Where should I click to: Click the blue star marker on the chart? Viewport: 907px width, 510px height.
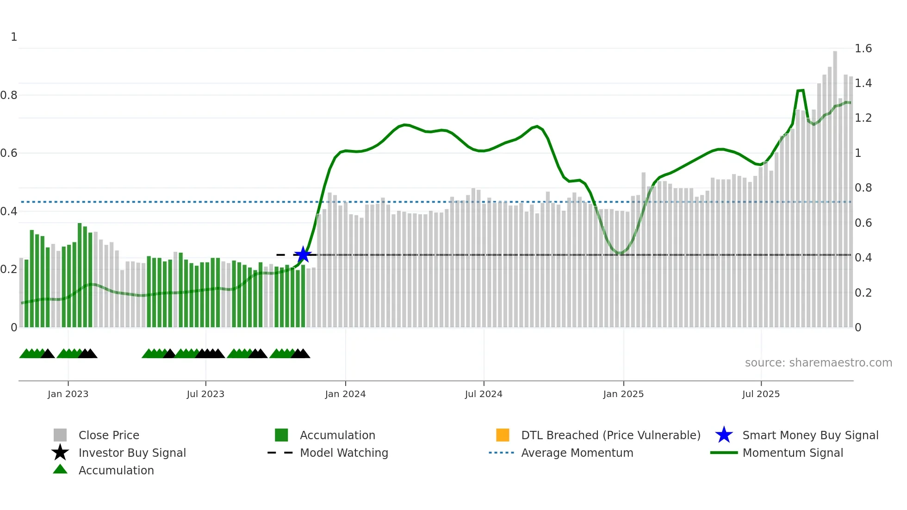[x=303, y=254]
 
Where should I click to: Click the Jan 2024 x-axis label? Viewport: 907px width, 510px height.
[x=345, y=394]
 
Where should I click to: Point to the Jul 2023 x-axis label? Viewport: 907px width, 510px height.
[x=205, y=394]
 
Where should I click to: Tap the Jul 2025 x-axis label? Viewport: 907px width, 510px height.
[x=761, y=394]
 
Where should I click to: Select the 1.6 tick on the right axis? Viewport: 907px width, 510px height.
[x=863, y=49]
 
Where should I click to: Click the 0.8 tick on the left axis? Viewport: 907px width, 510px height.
[x=9, y=95]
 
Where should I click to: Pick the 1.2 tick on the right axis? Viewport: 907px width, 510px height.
[x=863, y=118]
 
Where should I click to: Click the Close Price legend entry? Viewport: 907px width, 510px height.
[x=109, y=435]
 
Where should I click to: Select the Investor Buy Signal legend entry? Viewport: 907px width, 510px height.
[x=132, y=453]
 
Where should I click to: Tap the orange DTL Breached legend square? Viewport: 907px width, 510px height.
[x=503, y=435]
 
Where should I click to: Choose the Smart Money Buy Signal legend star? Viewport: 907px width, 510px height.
[x=724, y=435]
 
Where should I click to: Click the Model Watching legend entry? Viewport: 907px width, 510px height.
[x=344, y=453]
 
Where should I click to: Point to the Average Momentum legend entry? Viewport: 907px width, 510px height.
[x=577, y=453]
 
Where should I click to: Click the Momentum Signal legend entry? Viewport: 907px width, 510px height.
[x=792, y=453]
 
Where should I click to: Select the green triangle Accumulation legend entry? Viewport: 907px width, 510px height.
[x=116, y=470]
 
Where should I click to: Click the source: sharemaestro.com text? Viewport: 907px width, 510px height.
[x=818, y=362]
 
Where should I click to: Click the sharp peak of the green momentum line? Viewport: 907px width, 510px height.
[x=801, y=90]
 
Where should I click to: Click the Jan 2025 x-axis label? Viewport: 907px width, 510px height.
[x=623, y=394]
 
